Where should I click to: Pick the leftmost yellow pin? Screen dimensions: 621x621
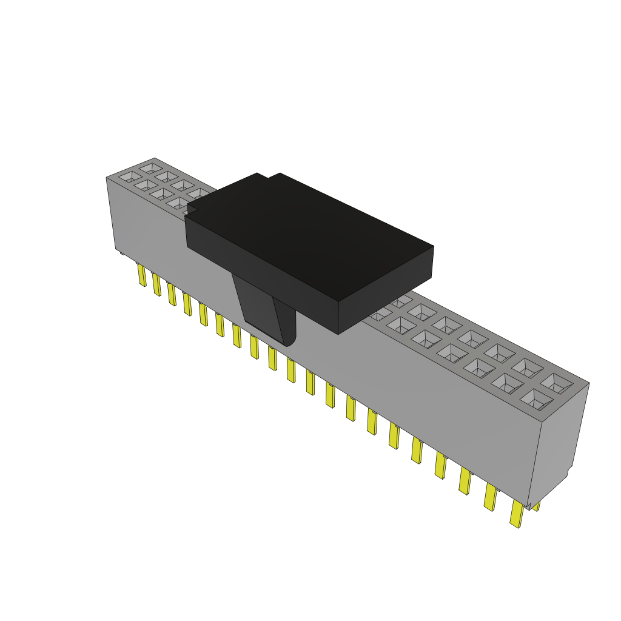141,275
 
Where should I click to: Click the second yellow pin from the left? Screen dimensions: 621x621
156,284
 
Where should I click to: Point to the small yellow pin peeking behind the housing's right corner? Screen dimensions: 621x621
536,505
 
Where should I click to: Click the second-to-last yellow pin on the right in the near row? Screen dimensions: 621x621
490,498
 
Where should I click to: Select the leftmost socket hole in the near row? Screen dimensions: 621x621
129,177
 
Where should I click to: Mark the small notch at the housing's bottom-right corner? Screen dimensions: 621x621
531,505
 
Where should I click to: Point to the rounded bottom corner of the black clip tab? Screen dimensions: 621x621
289,341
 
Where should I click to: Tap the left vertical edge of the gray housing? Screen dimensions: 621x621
111,212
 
